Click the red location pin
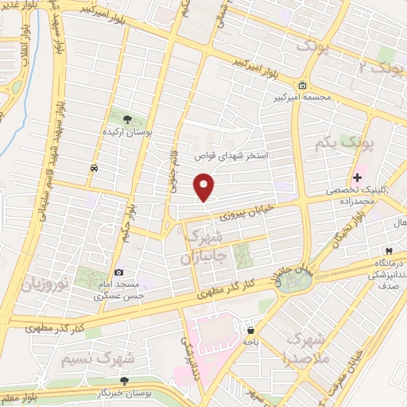(x=205, y=187)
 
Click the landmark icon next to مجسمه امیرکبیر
(x=302, y=86)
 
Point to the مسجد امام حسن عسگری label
(x=117, y=289)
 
